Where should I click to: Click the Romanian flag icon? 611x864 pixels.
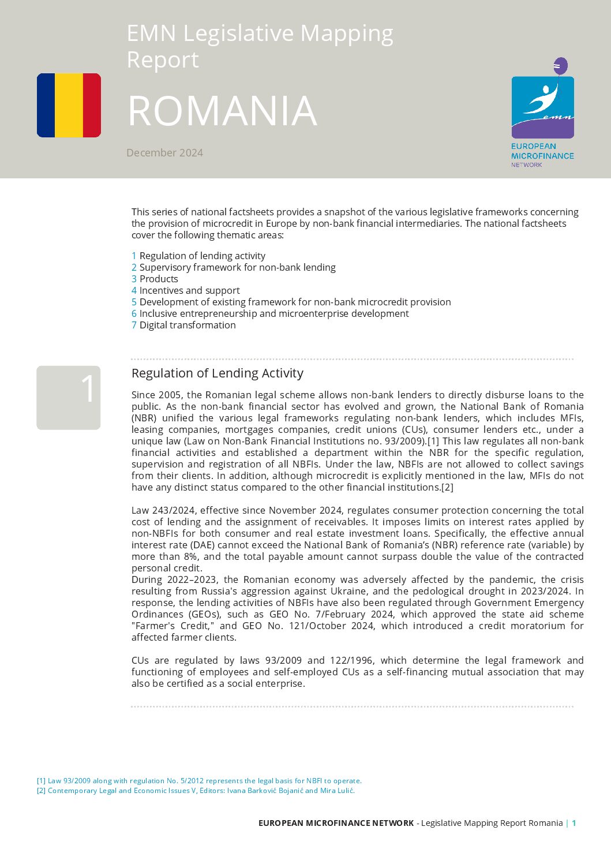[69, 105]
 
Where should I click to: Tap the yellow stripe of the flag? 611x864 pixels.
[69, 105]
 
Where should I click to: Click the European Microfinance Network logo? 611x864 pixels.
[542, 113]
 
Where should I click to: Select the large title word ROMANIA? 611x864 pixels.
[222, 110]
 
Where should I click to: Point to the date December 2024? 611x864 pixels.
[164, 153]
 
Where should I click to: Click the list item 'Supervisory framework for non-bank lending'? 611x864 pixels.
[237, 267]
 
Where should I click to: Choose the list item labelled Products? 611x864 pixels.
[159, 279]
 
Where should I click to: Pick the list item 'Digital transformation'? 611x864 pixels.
[188, 325]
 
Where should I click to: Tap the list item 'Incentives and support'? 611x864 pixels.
[189, 290]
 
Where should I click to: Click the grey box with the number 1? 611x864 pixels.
[69, 398]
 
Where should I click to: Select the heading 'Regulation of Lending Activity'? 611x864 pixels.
[218, 373]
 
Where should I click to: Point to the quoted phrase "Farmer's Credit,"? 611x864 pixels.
[173, 626]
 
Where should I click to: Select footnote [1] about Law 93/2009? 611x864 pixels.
[199, 781]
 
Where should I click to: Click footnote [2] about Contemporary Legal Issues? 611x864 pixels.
[196, 791]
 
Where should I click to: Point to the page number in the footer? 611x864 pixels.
[574, 823]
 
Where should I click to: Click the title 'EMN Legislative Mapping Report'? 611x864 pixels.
[260, 46]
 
